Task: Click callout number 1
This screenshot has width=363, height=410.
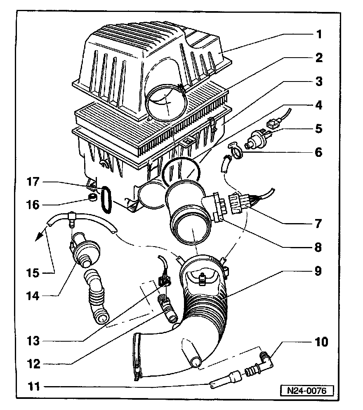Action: click(x=318, y=34)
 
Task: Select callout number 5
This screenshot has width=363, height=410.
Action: click(x=318, y=128)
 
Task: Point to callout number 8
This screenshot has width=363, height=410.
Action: click(x=318, y=248)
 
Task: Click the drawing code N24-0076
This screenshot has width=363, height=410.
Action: click(x=306, y=390)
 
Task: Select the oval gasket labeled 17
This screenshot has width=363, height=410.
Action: click(x=106, y=200)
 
